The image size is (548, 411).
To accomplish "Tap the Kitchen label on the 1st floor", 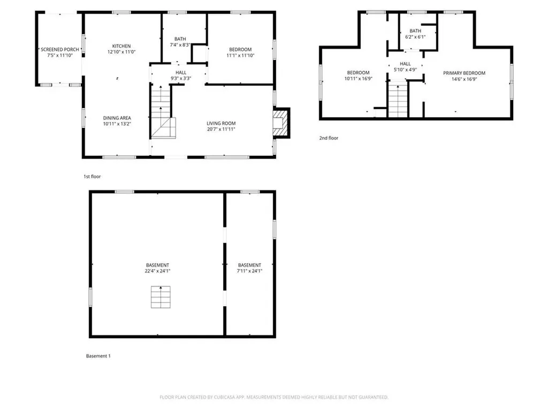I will pos(121,46).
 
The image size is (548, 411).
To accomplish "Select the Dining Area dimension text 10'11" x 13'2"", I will pos(117,124).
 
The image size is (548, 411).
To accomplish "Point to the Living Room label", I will pos(221,124).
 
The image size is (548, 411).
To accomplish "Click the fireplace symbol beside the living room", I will pos(280,124).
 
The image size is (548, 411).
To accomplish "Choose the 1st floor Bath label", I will pos(180,39).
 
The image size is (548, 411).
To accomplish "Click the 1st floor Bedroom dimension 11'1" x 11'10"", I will pos(240,55).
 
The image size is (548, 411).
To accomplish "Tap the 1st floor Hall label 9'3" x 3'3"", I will pos(180,78).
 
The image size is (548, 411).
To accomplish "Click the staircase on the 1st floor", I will pos(162,115).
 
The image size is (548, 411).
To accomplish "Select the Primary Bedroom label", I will pos(464,73).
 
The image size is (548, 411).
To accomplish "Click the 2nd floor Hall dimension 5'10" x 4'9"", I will pos(405,69).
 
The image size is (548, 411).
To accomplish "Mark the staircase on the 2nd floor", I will pos(398,100).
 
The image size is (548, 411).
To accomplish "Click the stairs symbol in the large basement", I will pos(161,297).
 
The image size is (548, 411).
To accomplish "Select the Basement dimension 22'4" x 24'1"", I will pos(158,271).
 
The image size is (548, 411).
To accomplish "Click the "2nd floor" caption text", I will pos(329,138).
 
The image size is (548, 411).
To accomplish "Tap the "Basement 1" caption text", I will pos(98,356).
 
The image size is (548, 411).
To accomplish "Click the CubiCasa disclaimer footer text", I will pos(274,397).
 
